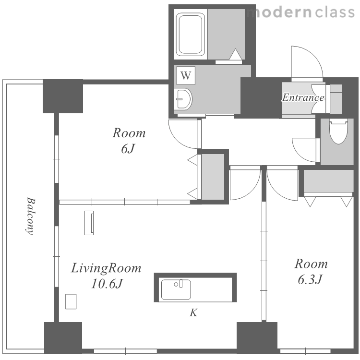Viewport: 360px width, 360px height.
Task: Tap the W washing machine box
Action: (x=186, y=75)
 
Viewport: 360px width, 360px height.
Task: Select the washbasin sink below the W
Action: (x=183, y=99)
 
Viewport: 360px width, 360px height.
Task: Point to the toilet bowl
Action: (x=338, y=131)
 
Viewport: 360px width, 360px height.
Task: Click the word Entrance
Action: (x=303, y=97)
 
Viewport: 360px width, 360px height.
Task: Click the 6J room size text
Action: (x=128, y=149)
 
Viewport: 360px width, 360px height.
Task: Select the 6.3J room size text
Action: (x=310, y=280)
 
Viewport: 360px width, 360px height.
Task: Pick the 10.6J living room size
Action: (x=107, y=284)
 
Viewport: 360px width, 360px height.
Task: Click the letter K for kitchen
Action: (x=193, y=312)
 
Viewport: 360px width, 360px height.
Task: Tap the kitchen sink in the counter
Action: (x=176, y=289)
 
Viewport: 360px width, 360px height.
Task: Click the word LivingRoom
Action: (x=106, y=268)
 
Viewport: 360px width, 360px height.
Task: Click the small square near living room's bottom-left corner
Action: (x=71, y=301)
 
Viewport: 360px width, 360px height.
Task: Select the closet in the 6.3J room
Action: (x=328, y=181)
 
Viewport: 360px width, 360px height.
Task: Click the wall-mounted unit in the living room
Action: (x=89, y=223)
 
